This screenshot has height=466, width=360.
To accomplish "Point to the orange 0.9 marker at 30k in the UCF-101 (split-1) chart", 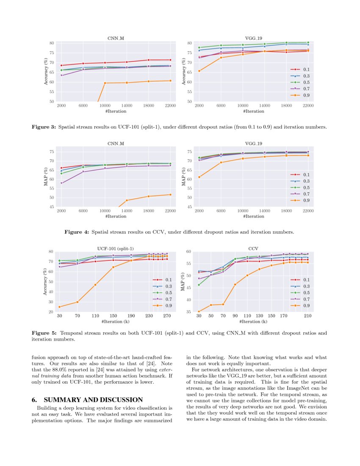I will pyautogui.click(x=59, y=307).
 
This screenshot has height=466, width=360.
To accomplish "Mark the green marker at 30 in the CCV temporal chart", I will pyautogui.click(x=199, y=285).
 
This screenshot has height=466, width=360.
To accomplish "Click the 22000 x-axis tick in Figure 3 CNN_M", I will pyautogui.click(x=170, y=106).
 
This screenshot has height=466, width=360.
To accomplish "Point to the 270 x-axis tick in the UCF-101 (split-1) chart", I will pyautogui.click(x=167, y=316).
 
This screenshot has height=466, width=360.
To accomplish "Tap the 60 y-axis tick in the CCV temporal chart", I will pyautogui.click(x=189, y=252).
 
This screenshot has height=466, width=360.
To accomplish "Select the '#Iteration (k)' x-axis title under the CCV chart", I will pyautogui.click(x=254, y=322).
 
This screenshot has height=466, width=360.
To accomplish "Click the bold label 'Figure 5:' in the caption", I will pyautogui.click(x=44, y=333).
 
